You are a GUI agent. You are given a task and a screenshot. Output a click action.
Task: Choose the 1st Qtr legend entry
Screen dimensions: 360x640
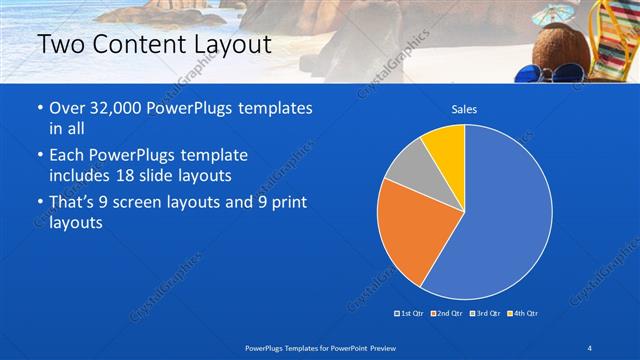410,314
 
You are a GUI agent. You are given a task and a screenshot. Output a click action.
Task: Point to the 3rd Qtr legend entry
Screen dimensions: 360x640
484,314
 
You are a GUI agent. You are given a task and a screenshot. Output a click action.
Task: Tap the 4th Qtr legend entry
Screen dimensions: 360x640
522,314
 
